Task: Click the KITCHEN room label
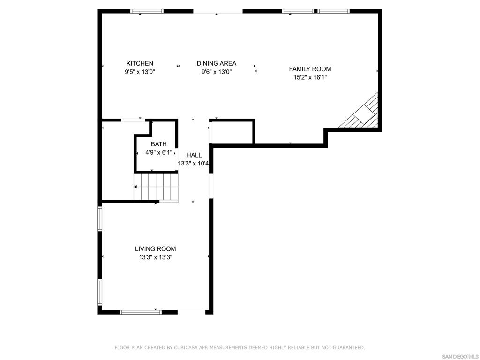click(140, 63)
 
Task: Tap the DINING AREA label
click(217, 63)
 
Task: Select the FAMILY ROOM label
click(310, 69)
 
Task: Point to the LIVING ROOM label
click(156, 249)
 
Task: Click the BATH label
click(159, 144)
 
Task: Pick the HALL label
click(194, 155)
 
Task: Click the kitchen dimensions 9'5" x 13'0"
click(140, 72)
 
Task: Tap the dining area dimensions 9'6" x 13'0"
click(217, 72)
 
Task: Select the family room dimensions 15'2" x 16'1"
click(310, 77)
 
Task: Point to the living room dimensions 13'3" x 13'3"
click(156, 257)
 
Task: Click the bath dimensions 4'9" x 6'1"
click(159, 152)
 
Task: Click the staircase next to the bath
click(156, 187)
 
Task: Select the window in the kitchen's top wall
click(147, 11)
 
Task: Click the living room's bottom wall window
click(141, 312)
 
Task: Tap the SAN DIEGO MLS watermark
click(460, 357)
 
